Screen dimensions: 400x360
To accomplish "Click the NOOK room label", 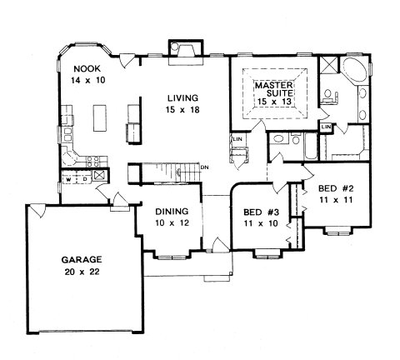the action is (87, 68).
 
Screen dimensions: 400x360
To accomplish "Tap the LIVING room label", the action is (182, 98).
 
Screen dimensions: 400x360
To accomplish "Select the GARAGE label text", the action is (82, 260).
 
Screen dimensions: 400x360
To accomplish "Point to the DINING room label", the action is (172, 212).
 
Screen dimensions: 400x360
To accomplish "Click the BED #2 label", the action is (336, 188).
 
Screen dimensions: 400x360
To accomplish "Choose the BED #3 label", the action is (261, 212).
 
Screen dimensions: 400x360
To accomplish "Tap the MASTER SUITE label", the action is (274, 89).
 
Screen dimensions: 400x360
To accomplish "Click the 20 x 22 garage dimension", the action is (82, 272).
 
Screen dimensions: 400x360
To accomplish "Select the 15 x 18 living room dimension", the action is (182, 110).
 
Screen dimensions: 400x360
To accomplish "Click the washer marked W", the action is (68, 179).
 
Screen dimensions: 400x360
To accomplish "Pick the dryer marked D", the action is (85, 179).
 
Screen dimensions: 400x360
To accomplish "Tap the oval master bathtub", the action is (354, 69).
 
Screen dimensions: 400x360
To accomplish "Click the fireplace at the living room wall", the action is (186, 52).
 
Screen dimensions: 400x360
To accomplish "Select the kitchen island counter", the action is (100, 117).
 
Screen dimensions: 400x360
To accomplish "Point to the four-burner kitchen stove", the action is (92, 162).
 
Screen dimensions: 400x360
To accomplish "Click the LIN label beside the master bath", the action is (326, 127).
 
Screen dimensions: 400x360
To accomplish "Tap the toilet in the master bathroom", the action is (330, 96).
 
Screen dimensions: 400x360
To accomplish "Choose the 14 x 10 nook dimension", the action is (87, 81).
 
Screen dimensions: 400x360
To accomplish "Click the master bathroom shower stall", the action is (328, 65).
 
